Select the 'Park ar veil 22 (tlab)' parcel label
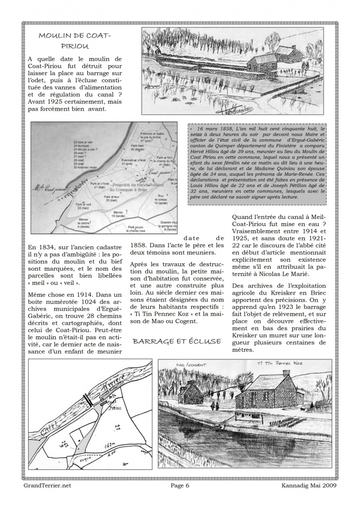pos(83,205)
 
